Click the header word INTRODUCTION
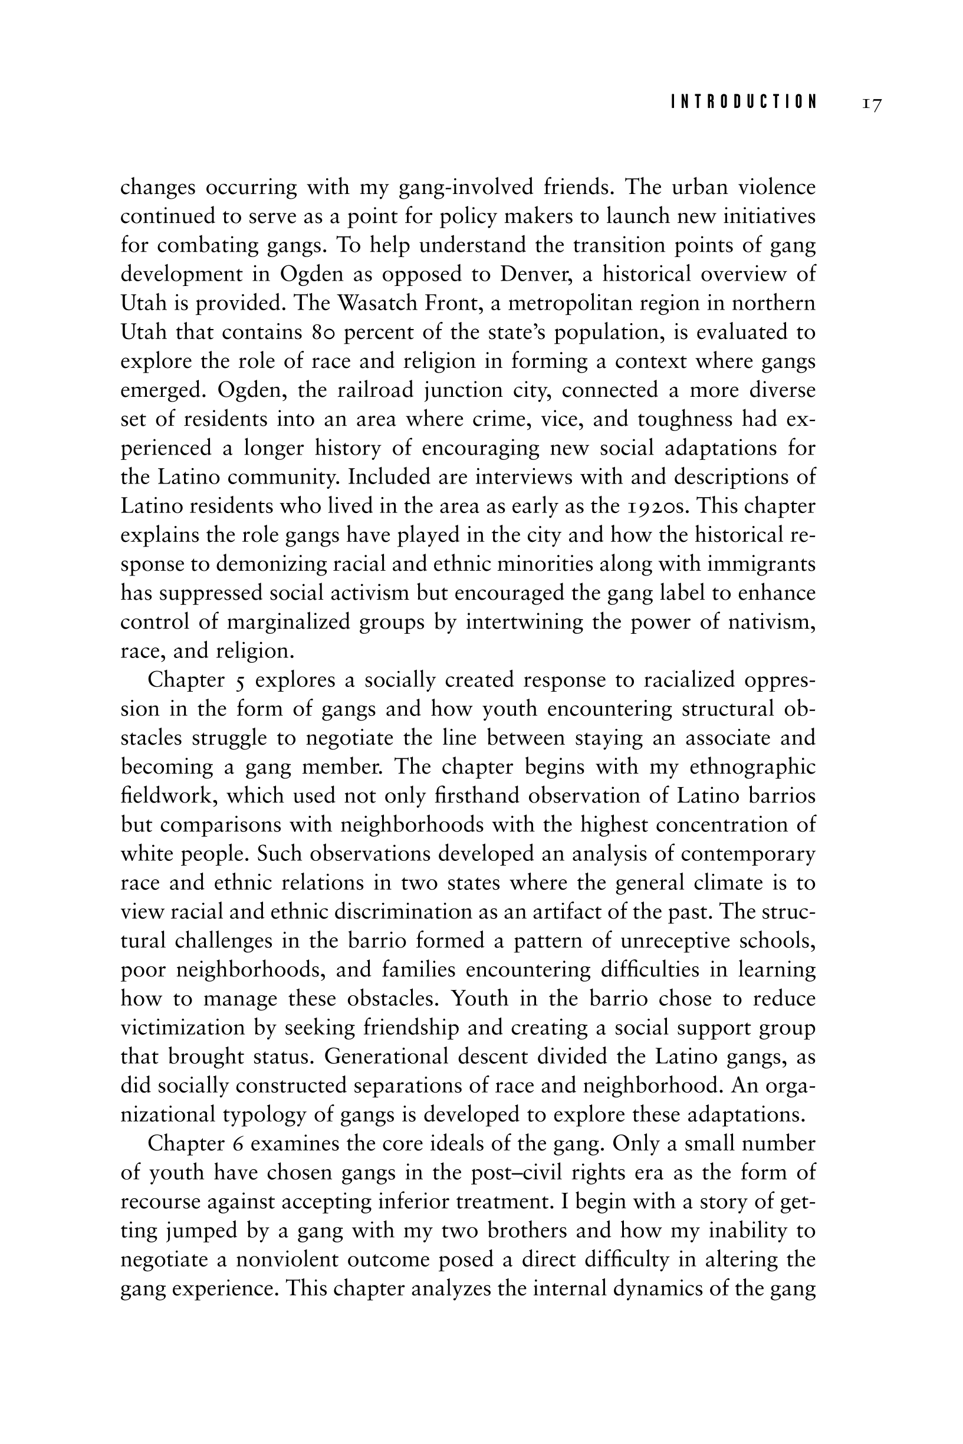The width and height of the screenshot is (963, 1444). (x=744, y=102)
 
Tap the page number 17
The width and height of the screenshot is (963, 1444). (x=872, y=103)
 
